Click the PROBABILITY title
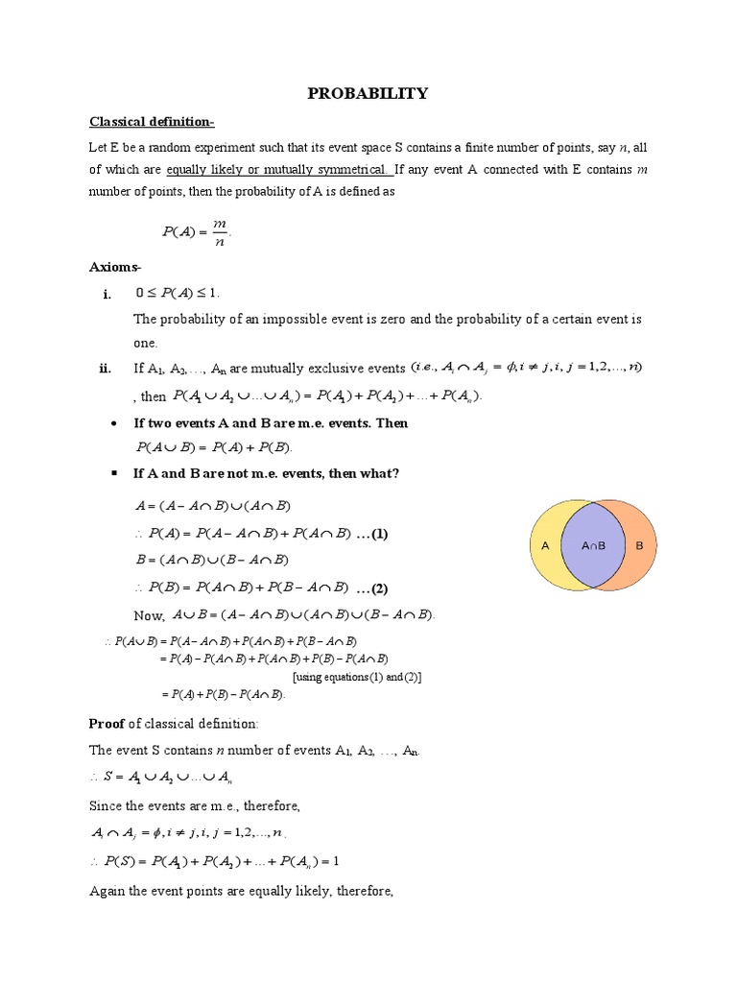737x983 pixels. point(368,93)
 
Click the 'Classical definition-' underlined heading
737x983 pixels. point(153,122)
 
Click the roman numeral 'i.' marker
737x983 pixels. point(107,294)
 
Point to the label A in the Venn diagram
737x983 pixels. point(545,545)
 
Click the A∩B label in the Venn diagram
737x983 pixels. point(594,546)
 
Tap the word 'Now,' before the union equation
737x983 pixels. point(150,615)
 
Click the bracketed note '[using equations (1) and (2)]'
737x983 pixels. point(357,677)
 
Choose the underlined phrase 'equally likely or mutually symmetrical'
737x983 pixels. point(278,170)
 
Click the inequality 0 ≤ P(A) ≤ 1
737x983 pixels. point(183,293)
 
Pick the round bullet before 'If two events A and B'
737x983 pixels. point(114,423)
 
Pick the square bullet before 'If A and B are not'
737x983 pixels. point(114,473)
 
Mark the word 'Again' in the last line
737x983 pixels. point(108,892)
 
